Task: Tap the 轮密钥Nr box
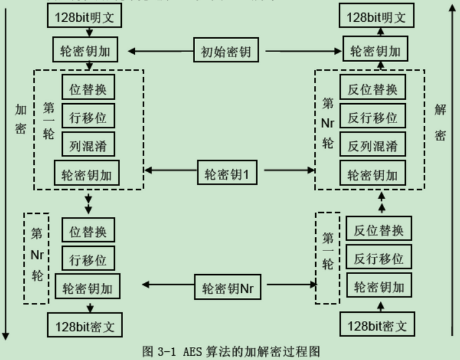[228, 288]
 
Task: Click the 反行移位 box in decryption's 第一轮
[379, 258]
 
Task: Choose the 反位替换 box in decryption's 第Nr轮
[372, 88]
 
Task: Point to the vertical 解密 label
[440, 121]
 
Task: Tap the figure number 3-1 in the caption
[165, 351]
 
